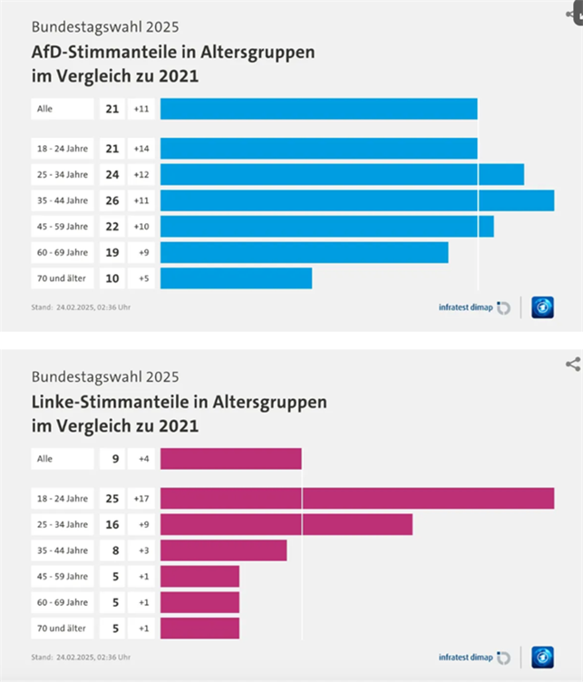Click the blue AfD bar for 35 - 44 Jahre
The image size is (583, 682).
(x=356, y=200)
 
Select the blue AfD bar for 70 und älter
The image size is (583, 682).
(x=236, y=278)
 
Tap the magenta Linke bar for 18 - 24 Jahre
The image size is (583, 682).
(x=356, y=498)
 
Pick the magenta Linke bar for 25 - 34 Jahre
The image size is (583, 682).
(x=286, y=524)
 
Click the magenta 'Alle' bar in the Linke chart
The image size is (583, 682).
(x=230, y=459)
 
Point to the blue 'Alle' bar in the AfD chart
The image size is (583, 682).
(x=318, y=109)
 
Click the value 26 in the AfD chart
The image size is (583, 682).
(x=112, y=200)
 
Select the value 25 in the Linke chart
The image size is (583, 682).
(x=112, y=498)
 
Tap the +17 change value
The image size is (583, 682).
(x=141, y=498)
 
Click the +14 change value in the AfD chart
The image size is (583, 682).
(x=141, y=149)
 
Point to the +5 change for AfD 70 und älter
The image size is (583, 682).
(x=141, y=278)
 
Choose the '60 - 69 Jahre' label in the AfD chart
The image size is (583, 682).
(x=63, y=252)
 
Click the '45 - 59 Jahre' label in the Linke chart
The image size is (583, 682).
(x=63, y=576)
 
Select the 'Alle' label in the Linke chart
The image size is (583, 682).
(x=44, y=459)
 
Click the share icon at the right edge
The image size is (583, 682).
(x=572, y=364)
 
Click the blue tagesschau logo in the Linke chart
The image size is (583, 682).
(x=542, y=657)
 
